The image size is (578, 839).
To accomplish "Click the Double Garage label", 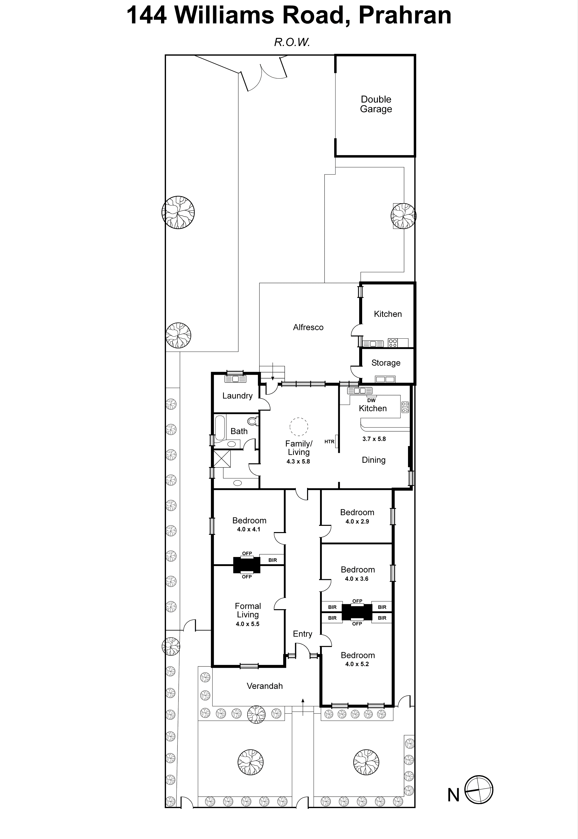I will [x=376, y=104].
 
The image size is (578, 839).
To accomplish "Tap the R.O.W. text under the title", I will [x=292, y=42].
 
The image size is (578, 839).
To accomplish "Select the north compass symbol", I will [x=479, y=790].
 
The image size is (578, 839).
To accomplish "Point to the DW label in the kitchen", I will [x=371, y=400].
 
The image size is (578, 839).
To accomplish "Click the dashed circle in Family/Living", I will [x=299, y=427].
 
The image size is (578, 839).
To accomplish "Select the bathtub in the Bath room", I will [x=220, y=427].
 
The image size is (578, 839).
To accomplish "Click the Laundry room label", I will [x=237, y=396].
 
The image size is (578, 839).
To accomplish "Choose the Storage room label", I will [x=386, y=363].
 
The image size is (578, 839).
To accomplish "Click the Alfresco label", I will [x=308, y=327].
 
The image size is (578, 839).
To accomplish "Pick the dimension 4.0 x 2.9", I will [x=357, y=521].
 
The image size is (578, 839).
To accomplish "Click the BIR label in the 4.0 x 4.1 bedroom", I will [x=272, y=560].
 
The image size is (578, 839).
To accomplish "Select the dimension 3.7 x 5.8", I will [x=374, y=439].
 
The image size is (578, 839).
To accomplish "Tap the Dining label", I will [x=373, y=460].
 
